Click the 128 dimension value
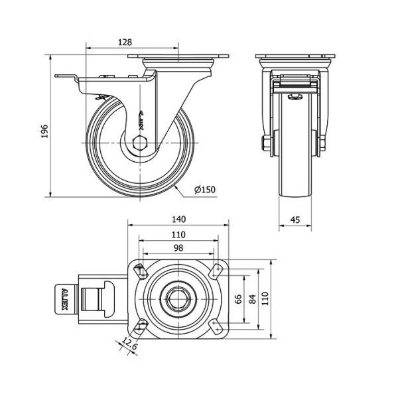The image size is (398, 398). (x=124, y=42)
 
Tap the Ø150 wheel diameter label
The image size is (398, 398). (x=205, y=190)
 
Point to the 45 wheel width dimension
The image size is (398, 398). (x=296, y=220)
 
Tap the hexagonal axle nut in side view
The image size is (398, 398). (x=140, y=144)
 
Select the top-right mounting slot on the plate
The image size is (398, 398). (x=216, y=271)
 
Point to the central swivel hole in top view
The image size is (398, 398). (x=178, y=298)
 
